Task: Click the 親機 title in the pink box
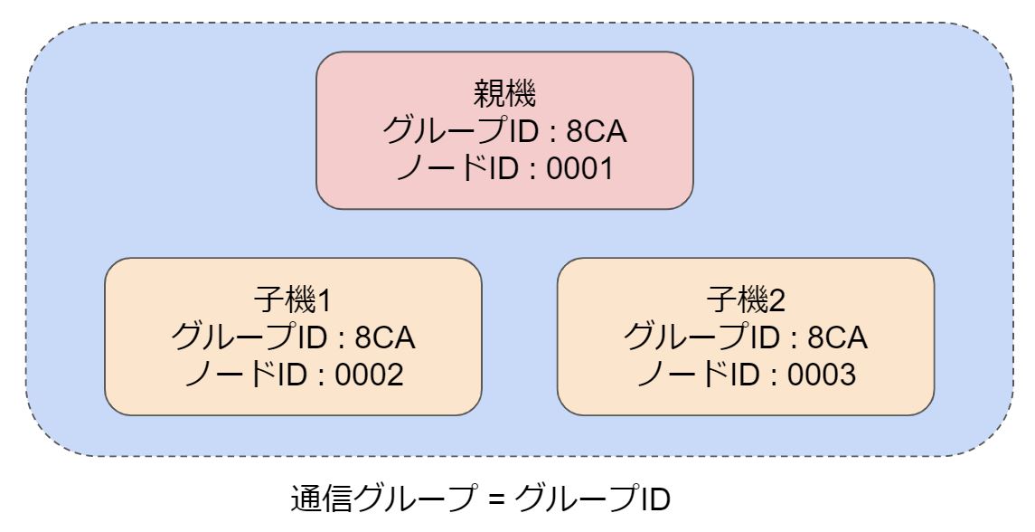pyautogui.click(x=504, y=94)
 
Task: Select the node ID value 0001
pyautogui.click(x=580, y=167)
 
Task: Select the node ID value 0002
pyautogui.click(x=369, y=373)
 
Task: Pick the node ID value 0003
pyautogui.click(x=821, y=373)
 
